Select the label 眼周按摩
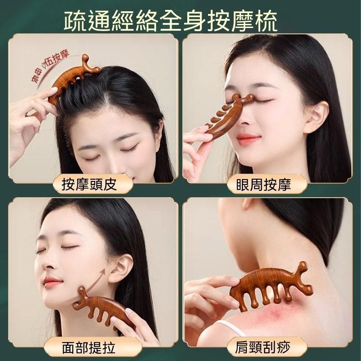267,184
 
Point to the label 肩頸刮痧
267,347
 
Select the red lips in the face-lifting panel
52,283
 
